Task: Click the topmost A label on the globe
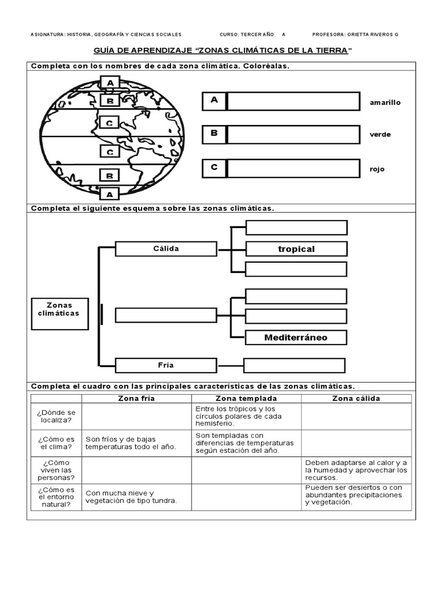pyautogui.click(x=110, y=83)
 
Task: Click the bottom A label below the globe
pyautogui.click(x=110, y=194)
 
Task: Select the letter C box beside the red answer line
pyautogui.click(x=214, y=168)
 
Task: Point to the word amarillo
pyautogui.click(x=385, y=103)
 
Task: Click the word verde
pyautogui.click(x=380, y=135)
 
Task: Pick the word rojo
pyautogui.click(x=377, y=169)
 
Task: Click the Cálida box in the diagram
pyautogui.click(x=166, y=249)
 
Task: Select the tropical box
pyautogui.click(x=296, y=249)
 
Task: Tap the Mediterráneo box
pyautogui.click(x=296, y=338)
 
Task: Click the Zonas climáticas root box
pyautogui.click(x=60, y=314)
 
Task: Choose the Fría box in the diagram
pyautogui.click(x=166, y=365)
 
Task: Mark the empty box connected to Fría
pyautogui.click(x=294, y=366)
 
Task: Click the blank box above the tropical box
pyautogui.click(x=296, y=228)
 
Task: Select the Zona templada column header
pyautogui.click(x=246, y=399)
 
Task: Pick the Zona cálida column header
pyautogui.click(x=356, y=399)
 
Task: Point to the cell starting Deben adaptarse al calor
pyautogui.click(x=356, y=470)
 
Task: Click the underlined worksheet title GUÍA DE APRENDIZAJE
pyautogui.click(x=222, y=51)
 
